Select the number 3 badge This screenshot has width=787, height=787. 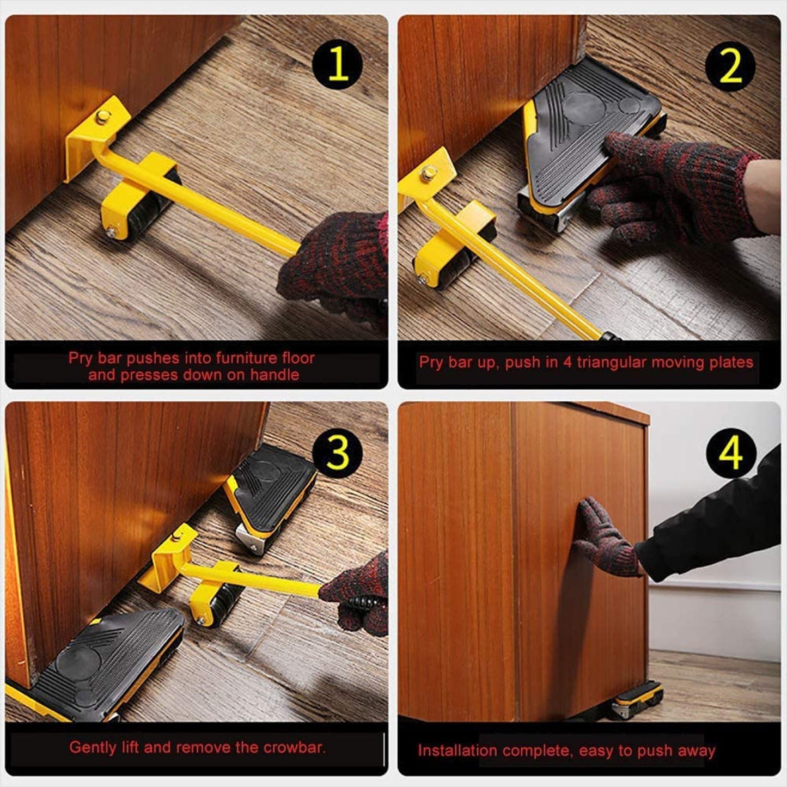(338, 453)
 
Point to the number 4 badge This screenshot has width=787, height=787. (730, 453)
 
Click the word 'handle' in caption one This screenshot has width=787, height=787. (274, 375)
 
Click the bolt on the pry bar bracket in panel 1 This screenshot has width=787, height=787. (101, 116)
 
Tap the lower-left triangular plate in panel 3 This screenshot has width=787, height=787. (109, 664)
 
